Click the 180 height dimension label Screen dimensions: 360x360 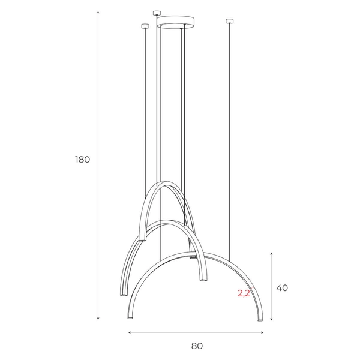[x=82, y=160]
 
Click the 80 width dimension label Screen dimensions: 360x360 [x=197, y=346]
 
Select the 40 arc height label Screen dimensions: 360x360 [x=282, y=288]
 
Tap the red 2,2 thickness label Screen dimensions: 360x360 [x=244, y=293]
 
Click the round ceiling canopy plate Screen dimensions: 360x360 [x=176, y=22]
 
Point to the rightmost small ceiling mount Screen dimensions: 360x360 [x=230, y=22]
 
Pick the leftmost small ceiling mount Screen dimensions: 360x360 [x=145, y=26]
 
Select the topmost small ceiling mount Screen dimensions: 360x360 [x=157, y=13]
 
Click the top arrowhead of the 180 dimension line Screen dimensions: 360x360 [x=98, y=12]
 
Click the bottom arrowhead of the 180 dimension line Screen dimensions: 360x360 [x=98, y=319]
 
